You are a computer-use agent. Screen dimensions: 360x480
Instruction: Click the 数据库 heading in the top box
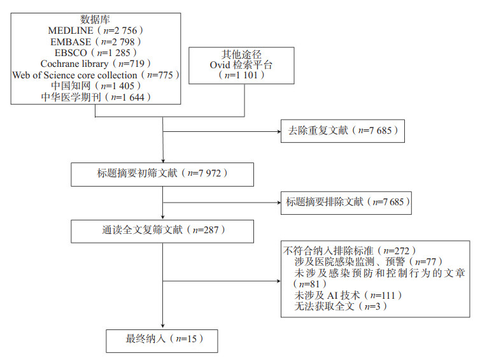[x=95, y=18]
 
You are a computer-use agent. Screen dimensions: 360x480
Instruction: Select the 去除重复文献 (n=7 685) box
[x=341, y=131]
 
